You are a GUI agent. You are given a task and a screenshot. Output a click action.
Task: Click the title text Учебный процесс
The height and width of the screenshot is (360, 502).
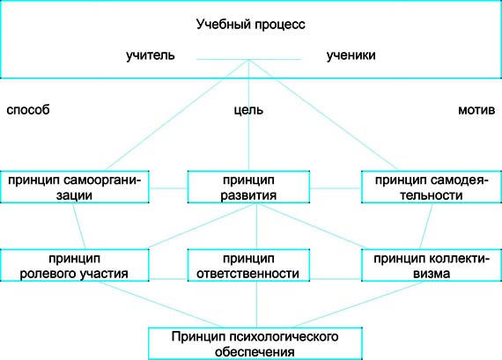(x=251, y=25)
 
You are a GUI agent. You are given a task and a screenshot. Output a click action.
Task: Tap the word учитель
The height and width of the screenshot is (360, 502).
(x=151, y=55)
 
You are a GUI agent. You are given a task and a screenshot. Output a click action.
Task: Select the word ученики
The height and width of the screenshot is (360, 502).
(x=351, y=55)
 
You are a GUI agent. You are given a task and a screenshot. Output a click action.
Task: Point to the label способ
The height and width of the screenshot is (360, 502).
(x=28, y=110)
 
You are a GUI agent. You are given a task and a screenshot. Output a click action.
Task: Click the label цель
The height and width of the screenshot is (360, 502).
(x=248, y=110)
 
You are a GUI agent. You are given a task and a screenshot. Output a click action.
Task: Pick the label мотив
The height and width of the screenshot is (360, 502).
(x=476, y=110)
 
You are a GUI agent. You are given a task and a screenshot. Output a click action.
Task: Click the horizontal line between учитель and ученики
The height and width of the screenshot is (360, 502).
(x=248, y=59)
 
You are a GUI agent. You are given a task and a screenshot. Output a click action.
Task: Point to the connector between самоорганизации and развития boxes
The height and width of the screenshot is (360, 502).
(x=168, y=188)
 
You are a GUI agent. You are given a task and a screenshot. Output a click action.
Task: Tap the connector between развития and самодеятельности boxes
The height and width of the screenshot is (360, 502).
(x=336, y=188)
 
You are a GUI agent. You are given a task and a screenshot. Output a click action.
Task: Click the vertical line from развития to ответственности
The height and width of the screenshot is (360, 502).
(x=256, y=226)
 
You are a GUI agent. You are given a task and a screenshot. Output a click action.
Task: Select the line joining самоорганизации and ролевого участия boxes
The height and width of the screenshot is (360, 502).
(x=78, y=226)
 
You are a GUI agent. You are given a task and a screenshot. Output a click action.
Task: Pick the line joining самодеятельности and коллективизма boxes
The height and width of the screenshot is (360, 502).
(x=426, y=226)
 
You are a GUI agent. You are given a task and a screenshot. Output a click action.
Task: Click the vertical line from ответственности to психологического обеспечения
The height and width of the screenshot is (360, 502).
(x=256, y=305)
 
